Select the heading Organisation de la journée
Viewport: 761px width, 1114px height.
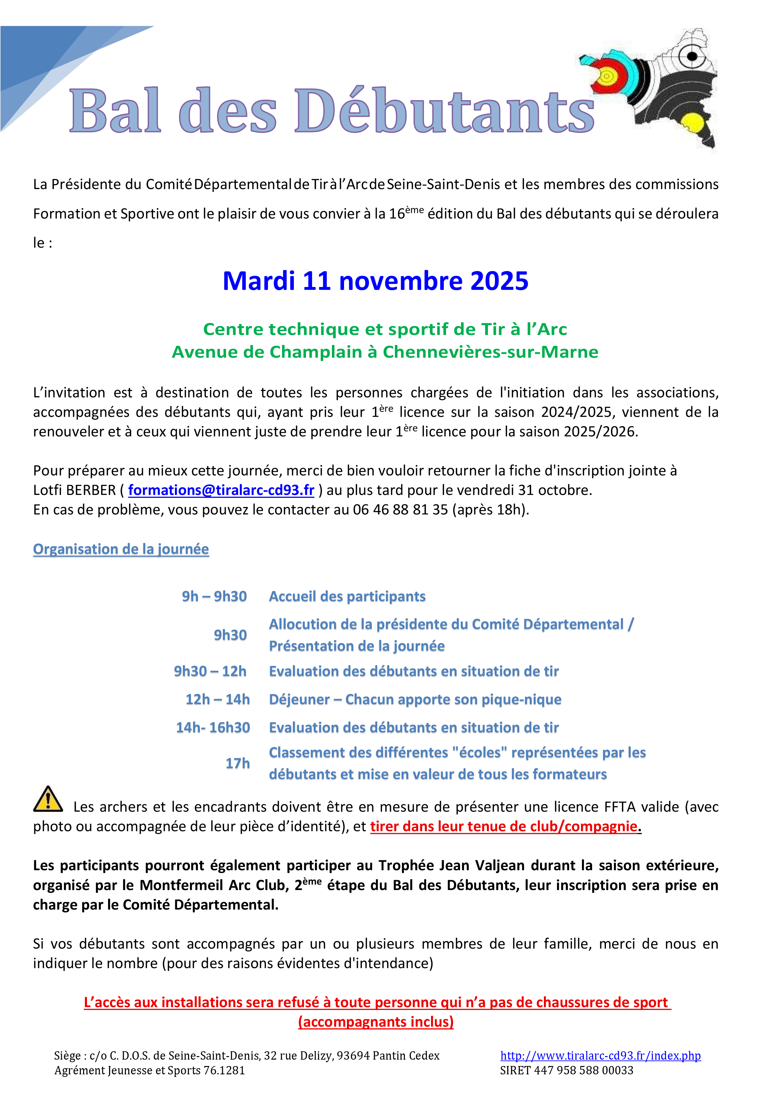click(121, 549)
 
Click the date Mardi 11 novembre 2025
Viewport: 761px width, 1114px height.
click(375, 281)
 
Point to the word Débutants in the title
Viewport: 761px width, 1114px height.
click(444, 111)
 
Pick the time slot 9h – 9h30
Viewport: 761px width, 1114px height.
click(214, 596)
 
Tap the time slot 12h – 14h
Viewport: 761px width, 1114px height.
click(217, 699)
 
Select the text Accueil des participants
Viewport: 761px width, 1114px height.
click(347, 596)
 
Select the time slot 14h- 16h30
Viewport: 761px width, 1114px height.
click(213, 727)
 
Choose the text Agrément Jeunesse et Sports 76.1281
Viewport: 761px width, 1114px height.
click(150, 1070)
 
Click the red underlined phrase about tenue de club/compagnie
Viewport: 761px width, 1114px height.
click(504, 826)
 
